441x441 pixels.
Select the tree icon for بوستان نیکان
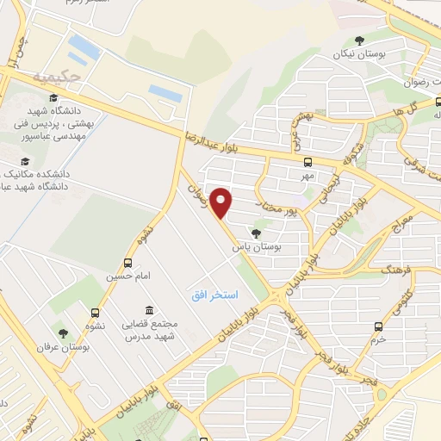pos(360,40)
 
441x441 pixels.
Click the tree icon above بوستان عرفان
pos(62,332)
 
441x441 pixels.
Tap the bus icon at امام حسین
pos(128,263)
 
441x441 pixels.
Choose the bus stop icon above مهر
pos(307,161)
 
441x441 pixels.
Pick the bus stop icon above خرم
pos(378,326)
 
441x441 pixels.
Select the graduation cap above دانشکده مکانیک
pos(25,161)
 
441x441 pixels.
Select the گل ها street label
pos(419,111)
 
